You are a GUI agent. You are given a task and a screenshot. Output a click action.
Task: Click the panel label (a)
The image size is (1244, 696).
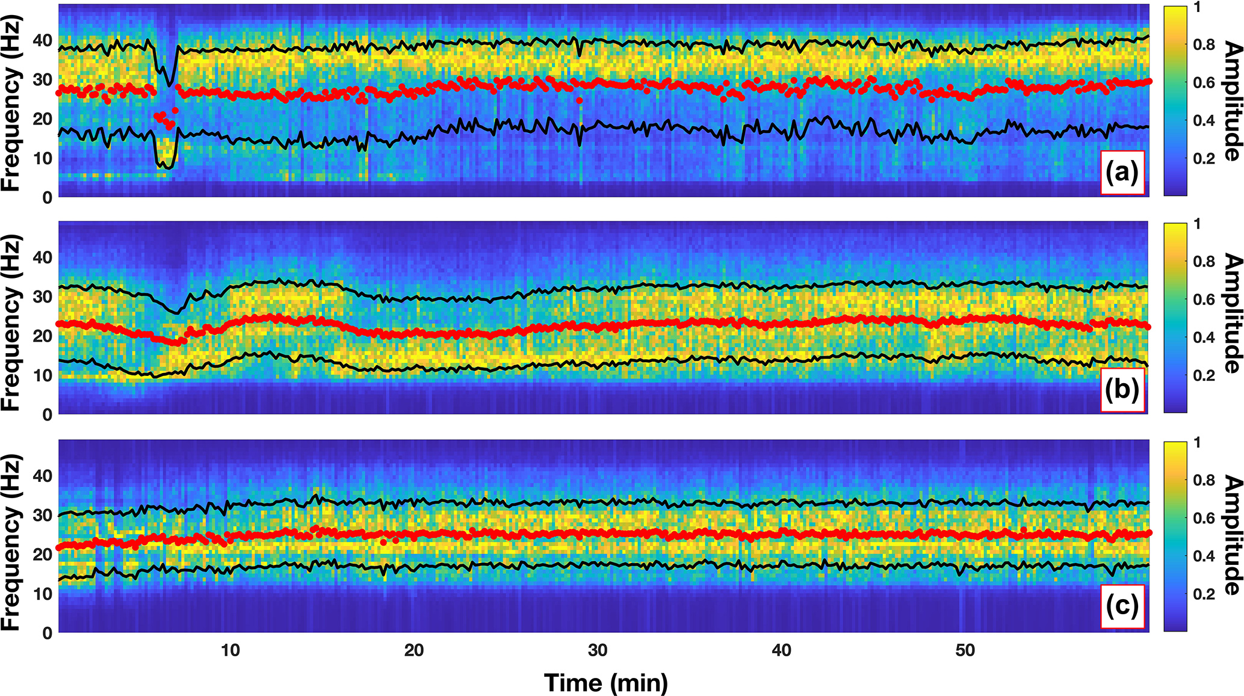[1122, 173]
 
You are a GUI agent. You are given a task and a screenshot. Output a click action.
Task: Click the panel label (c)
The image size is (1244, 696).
[1122, 606]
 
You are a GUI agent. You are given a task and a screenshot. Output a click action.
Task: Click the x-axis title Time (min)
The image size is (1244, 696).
[606, 683]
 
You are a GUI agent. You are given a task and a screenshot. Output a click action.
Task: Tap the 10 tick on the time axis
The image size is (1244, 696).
[230, 650]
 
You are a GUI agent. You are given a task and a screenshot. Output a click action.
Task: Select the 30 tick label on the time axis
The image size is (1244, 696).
[598, 650]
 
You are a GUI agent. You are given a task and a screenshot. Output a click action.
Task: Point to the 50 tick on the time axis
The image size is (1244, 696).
[965, 650]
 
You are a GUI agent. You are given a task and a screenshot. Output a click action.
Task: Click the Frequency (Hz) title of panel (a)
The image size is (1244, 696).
[12, 102]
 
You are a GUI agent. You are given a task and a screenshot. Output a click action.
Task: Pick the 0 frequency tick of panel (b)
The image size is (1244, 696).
[47, 414]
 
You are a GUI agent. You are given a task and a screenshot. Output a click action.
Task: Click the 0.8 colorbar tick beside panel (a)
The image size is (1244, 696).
[1204, 45]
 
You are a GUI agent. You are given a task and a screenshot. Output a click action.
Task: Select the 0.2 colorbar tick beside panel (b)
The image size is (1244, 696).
[1204, 375]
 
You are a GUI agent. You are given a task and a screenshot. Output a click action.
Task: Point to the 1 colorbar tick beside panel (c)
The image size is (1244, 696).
[1197, 443]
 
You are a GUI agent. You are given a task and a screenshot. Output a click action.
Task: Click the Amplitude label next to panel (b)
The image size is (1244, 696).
[1232, 313]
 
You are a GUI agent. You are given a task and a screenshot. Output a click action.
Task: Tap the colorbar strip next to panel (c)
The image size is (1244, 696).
[1175, 537]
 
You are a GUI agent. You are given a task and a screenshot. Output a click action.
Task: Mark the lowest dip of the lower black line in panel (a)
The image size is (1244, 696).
[170, 168]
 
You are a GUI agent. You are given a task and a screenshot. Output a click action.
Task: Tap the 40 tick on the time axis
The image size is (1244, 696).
[781, 650]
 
